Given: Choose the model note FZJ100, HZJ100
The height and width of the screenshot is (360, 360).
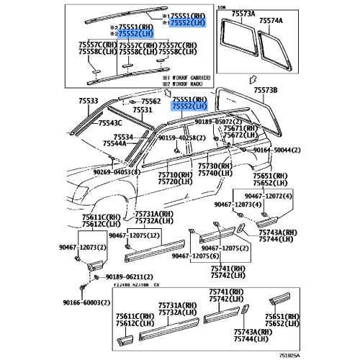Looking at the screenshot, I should pyautogui.click(x=134, y=286).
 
